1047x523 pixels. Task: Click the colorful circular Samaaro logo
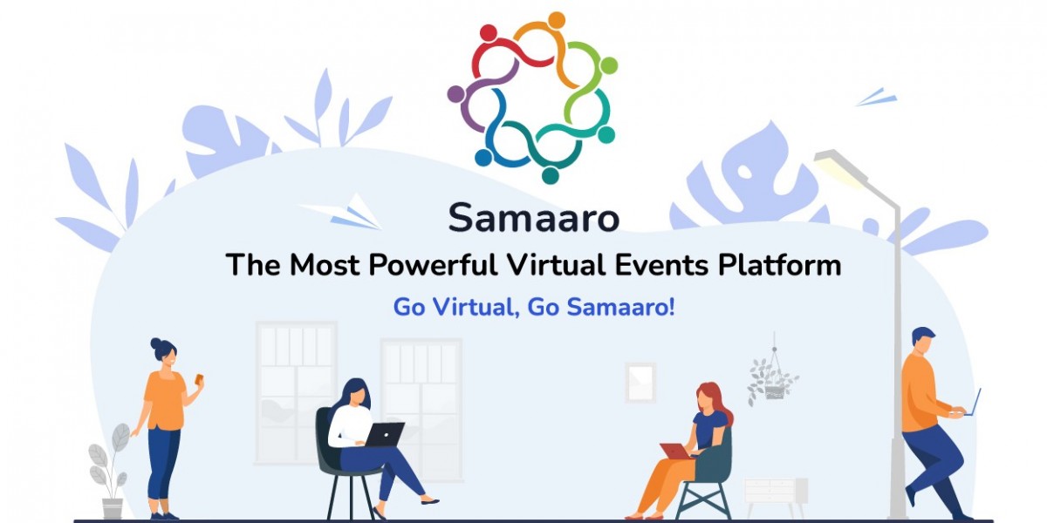[531, 97]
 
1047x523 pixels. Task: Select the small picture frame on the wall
[640, 382]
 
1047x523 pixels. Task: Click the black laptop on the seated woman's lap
[384, 434]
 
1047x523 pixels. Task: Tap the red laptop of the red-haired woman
[675, 451]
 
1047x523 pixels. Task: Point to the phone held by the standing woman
[200, 379]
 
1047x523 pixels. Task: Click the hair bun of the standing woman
[155, 343]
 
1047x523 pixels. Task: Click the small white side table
[775, 493]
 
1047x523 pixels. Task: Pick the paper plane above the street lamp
[878, 97]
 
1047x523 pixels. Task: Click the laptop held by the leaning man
[975, 403]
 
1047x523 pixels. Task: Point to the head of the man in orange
[922, 341]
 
